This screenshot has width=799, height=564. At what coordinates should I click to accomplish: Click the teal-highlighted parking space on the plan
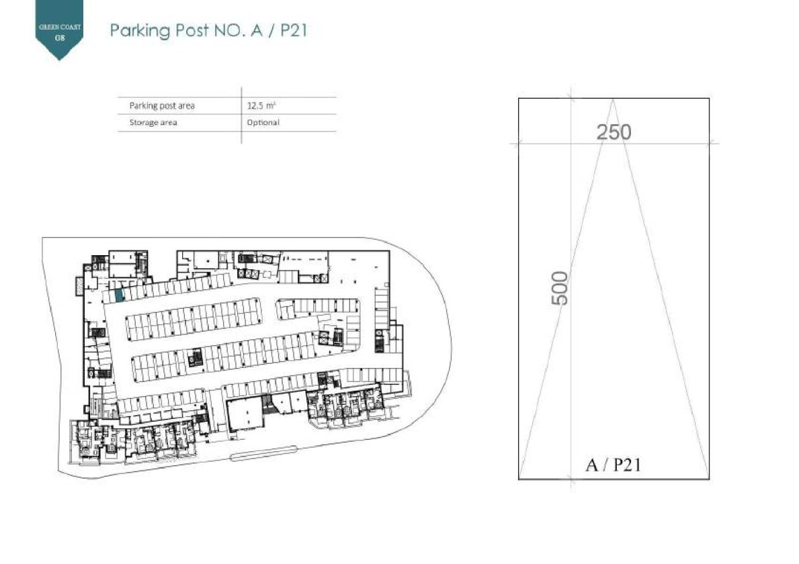pos(119,295)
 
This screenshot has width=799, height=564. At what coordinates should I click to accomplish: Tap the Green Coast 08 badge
pos(60,30)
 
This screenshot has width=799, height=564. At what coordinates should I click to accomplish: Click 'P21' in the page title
pos(294,30)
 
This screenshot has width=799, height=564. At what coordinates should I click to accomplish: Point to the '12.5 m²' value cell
pos(261,106)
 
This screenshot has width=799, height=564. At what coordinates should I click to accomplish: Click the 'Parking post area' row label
pos(162,106)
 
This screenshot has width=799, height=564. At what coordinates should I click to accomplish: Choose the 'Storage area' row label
pos(153,123)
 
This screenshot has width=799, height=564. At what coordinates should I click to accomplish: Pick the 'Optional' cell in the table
pos(263,123)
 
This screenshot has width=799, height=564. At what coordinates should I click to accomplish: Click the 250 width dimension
pos(614,132)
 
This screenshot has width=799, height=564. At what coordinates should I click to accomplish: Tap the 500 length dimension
pos(560,288)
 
